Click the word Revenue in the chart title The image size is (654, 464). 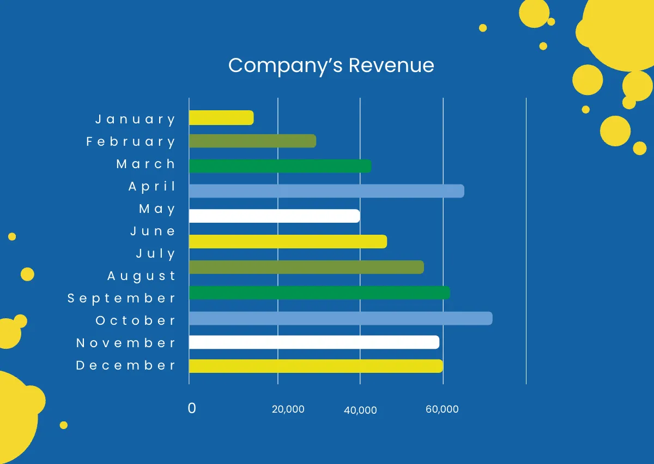391,66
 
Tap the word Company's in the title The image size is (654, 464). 286,66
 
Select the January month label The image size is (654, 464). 136,119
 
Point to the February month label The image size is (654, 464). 131,141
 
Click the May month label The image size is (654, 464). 157,209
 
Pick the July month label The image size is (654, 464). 155,253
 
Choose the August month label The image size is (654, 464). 141,276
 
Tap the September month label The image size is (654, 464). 122,298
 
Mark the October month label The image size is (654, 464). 136,320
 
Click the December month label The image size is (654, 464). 126,365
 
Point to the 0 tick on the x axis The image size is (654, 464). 192,408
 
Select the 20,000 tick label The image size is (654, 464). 288,409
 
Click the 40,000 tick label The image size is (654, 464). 360,410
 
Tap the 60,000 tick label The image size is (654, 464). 442,409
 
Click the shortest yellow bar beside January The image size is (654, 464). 221,117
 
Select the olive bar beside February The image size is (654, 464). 252,141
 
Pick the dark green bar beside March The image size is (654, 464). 280,166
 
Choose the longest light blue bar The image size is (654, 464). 341,318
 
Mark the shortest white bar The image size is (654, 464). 274,216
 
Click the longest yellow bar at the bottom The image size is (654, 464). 316,366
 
